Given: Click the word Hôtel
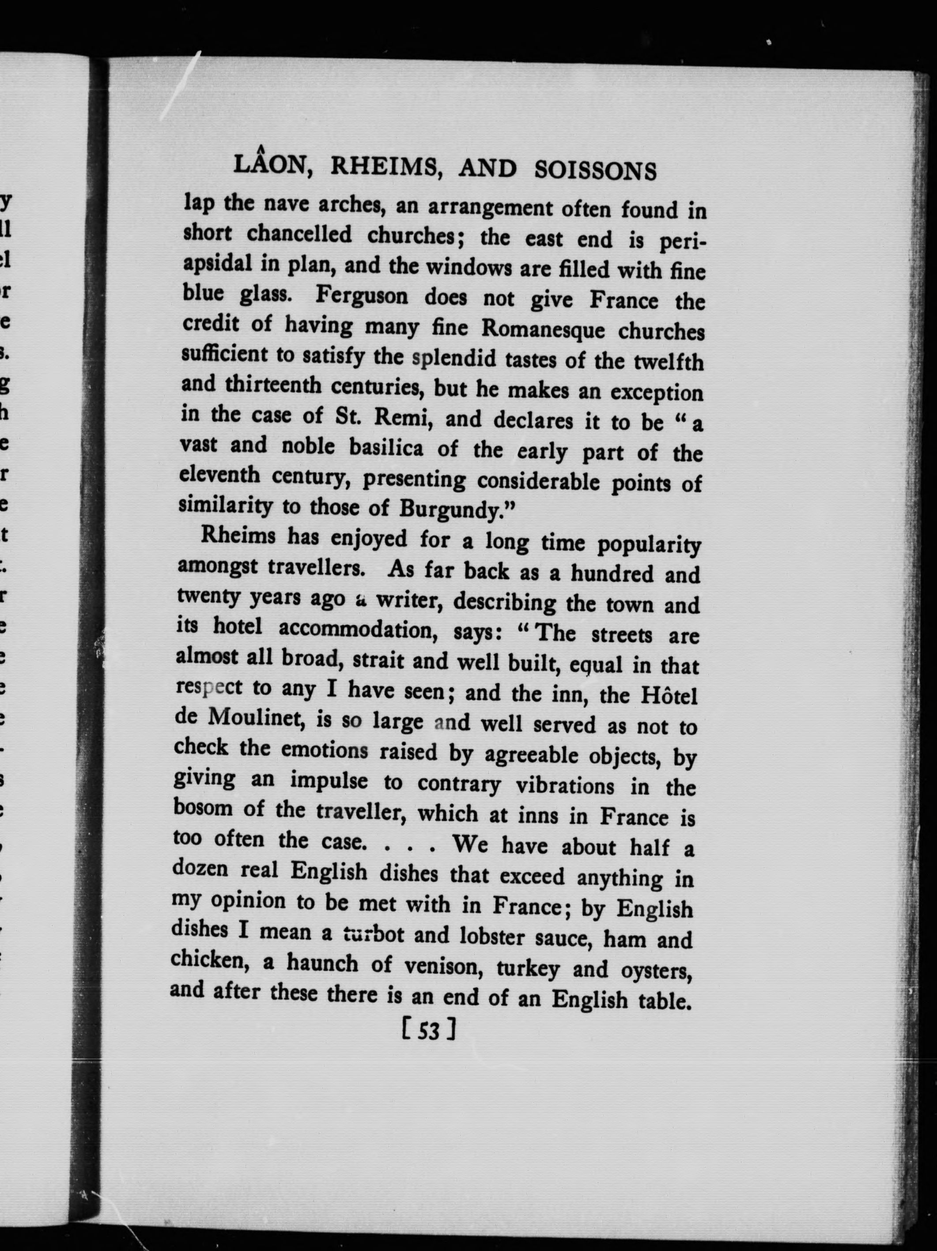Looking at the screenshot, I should coord(669,695).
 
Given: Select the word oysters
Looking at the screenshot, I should coord(657,971).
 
